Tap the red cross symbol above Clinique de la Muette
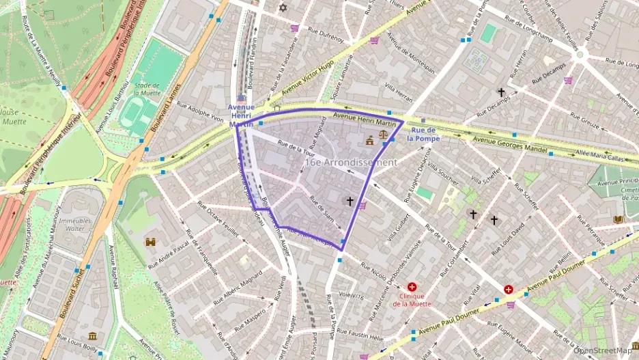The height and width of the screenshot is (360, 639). pyautogui.click(x=412, y=287)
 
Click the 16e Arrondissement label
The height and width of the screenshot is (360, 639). pyautogui.click(x=350, y=163)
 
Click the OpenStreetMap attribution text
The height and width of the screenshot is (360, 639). pyautogui.click(x=603, y=350)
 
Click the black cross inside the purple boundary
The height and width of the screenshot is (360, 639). pyautogui.click(x=350, y=202)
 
